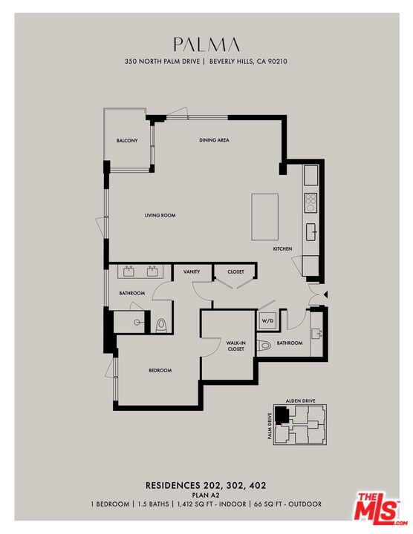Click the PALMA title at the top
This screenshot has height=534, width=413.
point(206,44)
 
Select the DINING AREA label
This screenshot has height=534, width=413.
point(213,140)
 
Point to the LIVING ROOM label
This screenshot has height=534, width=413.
point(160,215)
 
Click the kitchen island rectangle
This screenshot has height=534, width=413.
point(265,217)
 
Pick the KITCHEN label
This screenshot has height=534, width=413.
point(283,248)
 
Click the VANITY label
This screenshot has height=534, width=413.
point(192,272)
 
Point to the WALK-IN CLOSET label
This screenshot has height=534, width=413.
point(235,345)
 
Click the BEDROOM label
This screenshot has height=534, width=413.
point(160,370)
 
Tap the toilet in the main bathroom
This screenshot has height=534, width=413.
point(162,325)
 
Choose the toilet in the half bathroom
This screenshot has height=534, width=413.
point(264,346)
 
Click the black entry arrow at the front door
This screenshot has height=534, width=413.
point(326,294)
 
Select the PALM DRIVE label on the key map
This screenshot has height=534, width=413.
point(269,426)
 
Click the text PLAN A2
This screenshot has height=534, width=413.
point(206,495)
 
